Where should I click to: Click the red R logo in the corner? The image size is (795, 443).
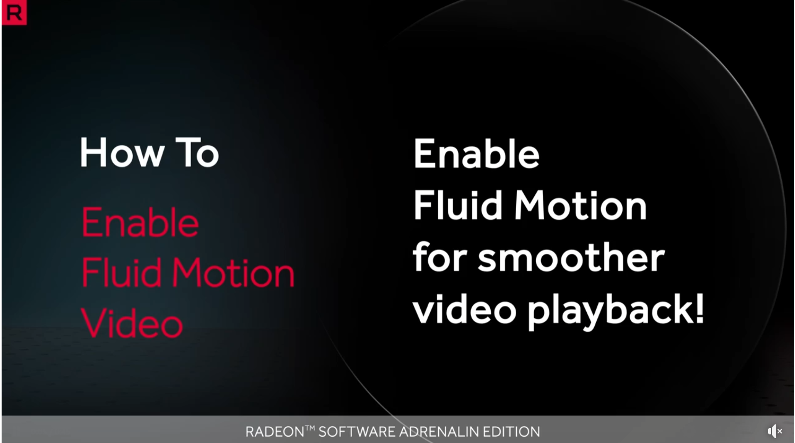14,12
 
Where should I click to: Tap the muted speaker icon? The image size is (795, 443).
775,431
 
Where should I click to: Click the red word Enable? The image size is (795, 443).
140,222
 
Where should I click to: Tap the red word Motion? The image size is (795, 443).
233,272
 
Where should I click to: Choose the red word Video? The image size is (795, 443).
132,323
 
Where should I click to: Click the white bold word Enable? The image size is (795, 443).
476,153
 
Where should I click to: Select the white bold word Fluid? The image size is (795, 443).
457,205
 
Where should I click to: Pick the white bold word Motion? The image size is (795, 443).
580,205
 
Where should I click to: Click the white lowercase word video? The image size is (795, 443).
465,309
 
